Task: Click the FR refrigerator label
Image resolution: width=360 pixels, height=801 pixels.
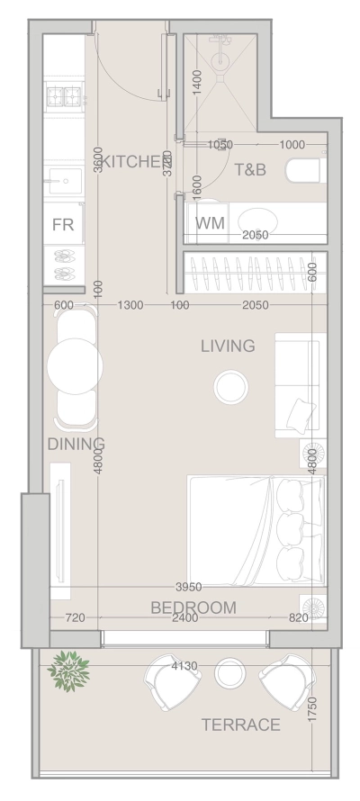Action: (x=63, y=224)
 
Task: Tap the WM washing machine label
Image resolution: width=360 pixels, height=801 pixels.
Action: (x=210, y=222)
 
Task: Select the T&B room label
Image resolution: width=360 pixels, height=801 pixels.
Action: (x=250, y=169)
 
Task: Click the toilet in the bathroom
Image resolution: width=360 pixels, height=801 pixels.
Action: (x=301, y=169)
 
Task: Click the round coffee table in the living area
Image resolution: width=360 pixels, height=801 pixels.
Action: (x=231, y=388)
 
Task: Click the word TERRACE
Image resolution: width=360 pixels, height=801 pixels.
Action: (x=240, y=724)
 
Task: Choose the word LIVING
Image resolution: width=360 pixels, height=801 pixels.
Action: (x=228, y=346)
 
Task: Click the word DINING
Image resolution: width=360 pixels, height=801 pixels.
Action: (x=76, y=444)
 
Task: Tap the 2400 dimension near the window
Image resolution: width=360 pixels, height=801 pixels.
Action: (x=186, y=618)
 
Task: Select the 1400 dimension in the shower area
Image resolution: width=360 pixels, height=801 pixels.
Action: (x=197, y=87)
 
